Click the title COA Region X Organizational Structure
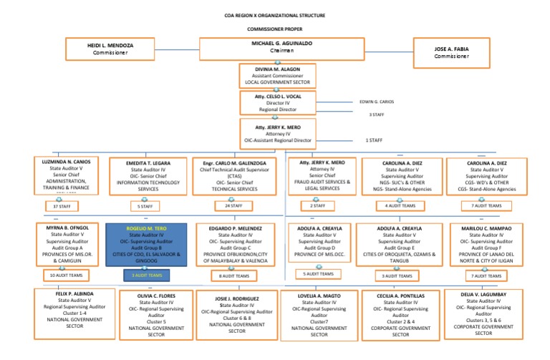click(x=275, y=14)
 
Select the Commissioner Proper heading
click(x=275, y=29)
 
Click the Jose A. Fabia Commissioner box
click(x=453, y=52)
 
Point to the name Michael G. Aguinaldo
click(x=274, y=44)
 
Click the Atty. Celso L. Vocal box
click(x=275, y=102)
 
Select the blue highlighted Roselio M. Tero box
click(x=145, y=245)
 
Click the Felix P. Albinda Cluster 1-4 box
click(x=64, y=308)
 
